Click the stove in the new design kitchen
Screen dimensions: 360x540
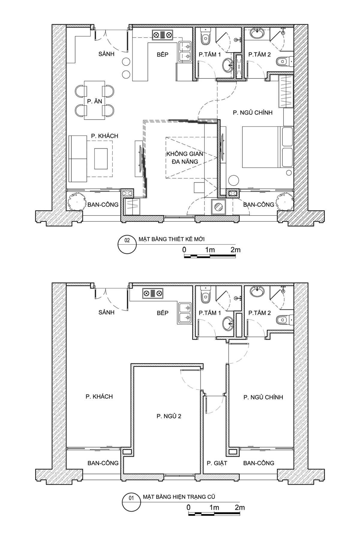point(163,35)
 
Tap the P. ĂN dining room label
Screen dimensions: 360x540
point(95,101)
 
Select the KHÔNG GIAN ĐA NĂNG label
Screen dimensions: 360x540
point(185,158)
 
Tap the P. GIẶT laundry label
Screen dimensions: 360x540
point(217,463)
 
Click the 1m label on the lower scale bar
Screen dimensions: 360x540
point(214,507)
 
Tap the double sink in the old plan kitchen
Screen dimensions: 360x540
point(185,313)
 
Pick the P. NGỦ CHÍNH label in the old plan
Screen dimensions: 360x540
point(263,397)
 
